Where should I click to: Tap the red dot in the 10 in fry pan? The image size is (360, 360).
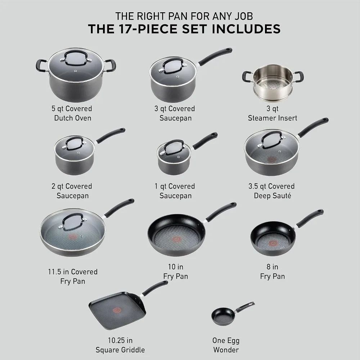pos(177,239)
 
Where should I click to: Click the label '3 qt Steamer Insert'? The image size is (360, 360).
pos(273,113)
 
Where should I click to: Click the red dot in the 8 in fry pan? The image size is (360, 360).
pos(273,239)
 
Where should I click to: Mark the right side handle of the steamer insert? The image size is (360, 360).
pos(298,76)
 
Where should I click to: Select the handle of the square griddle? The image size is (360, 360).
pos(155,287)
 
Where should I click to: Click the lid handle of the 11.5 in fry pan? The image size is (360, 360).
pos(73,220)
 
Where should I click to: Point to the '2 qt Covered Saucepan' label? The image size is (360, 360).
pos(72,191)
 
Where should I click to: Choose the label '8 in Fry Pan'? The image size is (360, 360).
pos(272,271)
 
